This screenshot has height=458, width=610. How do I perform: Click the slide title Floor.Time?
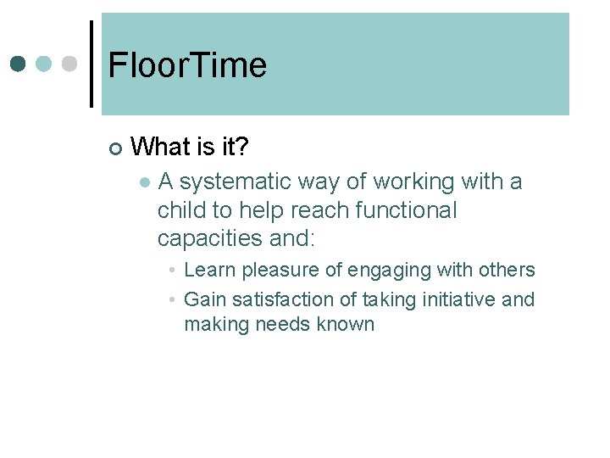(187, 65)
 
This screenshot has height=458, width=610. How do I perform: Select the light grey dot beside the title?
(69, 64)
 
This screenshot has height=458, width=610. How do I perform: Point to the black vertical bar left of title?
(91, 64)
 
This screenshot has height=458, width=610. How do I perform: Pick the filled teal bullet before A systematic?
(145, 182)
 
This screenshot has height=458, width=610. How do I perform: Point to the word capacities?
(210, 239)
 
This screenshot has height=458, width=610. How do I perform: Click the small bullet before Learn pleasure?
(171, 271)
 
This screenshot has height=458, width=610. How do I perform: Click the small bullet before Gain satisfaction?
(171, 299)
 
